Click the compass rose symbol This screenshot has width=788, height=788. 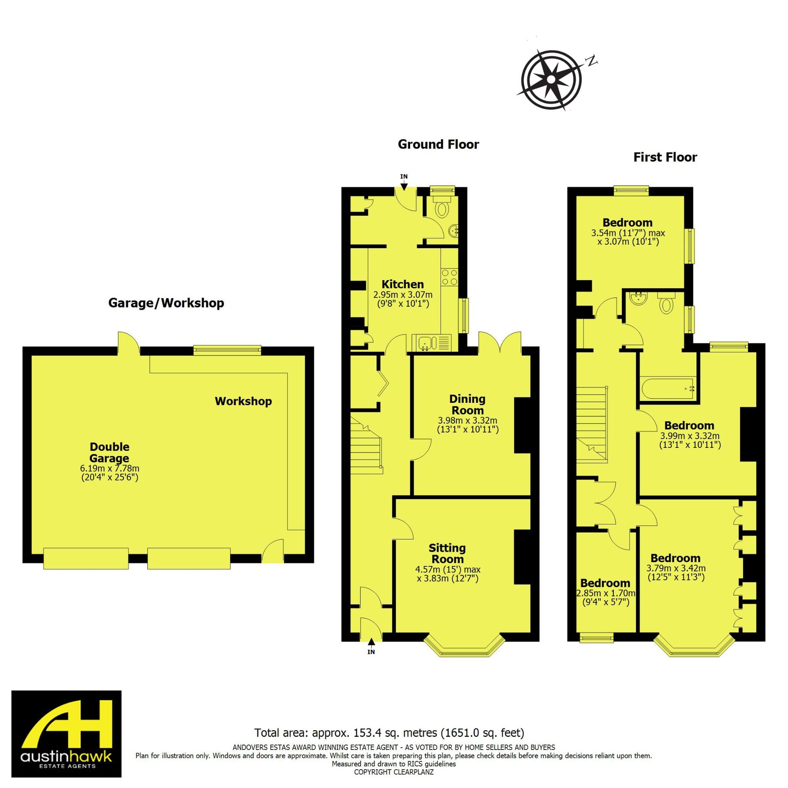(x=551, y=80)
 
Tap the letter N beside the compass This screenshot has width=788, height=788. (x=591, y=61)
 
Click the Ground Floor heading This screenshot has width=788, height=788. (x=438, y=144)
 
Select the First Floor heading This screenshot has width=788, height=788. (x=665, y=157)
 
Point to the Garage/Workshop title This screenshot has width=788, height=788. (x=166, y=303)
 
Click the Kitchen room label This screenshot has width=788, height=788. (x=403, y=284)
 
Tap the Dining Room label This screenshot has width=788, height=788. (x=468, y=405)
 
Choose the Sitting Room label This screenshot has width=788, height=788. (x=447, y=553)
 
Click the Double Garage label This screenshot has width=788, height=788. (x=109, y=452)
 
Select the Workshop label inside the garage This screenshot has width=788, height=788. (x=243, y=401)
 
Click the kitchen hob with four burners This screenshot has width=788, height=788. (x=449, y=277)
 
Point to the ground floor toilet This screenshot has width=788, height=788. (x=442, y=208)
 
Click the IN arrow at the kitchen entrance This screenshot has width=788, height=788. (x=404, y=183)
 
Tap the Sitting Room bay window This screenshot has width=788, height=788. (x=465, y=648)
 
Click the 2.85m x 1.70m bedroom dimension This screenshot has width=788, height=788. (x=605, y=593)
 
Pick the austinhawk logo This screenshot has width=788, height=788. (x=67, y=734)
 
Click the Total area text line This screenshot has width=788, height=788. (x=389, y=733)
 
